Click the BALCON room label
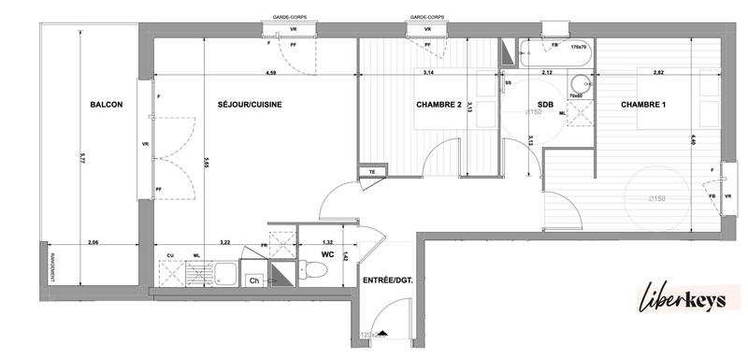click(x=106, y=105)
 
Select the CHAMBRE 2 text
click(x=439, y=105)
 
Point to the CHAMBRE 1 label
click(x=643, y=105)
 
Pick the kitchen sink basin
click(x=224, y=274)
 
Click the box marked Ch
click(x=252, y=281)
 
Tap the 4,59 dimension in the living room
click(x=270, y=73)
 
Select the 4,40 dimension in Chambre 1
click(x=693, y=140)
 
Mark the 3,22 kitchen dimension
click(x=224, y=241)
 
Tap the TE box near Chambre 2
click(x=372, y=171)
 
